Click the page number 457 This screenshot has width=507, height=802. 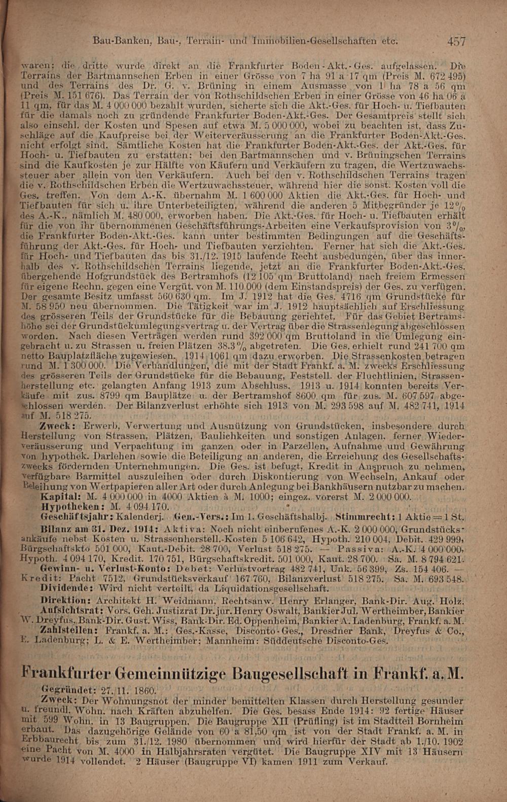click(456, 41)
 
